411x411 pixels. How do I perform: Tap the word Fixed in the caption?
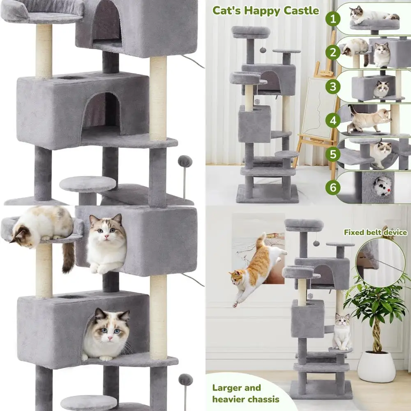coord(354,232)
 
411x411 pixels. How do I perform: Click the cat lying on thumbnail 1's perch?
coord(370,14)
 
